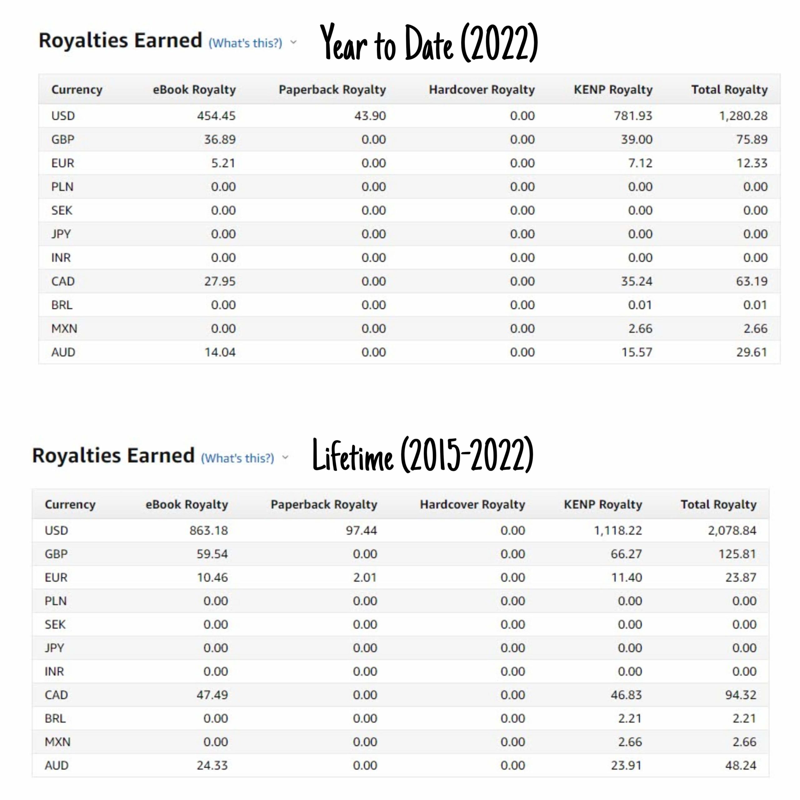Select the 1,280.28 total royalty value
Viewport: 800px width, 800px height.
pyautogui.click(x=743, y=116)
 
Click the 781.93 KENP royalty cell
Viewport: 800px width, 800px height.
pyautogui.click(x=633, y=116)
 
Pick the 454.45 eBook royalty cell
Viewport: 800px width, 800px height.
pyautogui.click(x=216, y=116)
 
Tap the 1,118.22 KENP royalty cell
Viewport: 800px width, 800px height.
pyautogui.click(x=618, y=530)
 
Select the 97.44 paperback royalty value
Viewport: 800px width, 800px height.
pyautogui.click(x=362, y=530)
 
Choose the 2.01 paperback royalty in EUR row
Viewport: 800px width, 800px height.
pyautogui.click(x=365, y=577)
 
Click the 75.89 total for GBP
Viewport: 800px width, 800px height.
pyautogui.click(x=752, y=139)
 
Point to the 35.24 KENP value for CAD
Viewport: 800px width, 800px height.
pyautogui.click(x=637, y=281)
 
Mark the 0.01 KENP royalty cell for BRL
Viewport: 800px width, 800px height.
pyautogui.click(x=640, y=305)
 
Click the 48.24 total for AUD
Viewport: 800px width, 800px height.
pyautogui.click(x=740, y=765)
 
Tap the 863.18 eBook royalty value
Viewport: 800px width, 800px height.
pyautogui.click(x=209, y=530)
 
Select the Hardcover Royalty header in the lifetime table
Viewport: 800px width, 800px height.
pyautogui.click(x=472, y=504)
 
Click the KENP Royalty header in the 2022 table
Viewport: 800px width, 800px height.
pyautogui.click(x=613, y=89)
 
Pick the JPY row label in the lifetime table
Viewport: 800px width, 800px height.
pyautogui.click(x=54, y=647)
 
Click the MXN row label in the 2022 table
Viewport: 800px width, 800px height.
pyautogui.click(x=64, y=328)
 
